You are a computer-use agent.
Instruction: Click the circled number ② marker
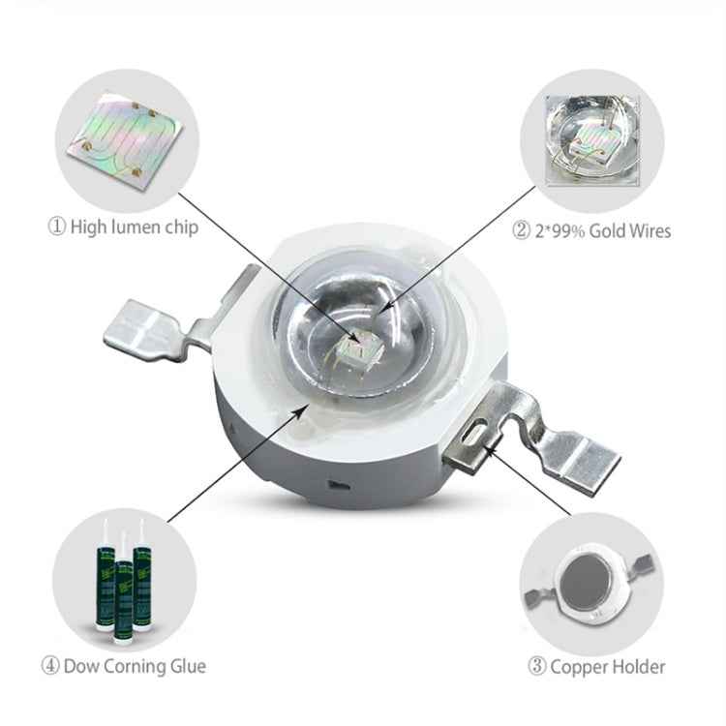(521, 230)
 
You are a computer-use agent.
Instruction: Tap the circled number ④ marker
(50, 666)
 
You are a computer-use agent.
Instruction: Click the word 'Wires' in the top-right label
(649, 230)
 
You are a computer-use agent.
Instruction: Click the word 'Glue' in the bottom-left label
(187, 666)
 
